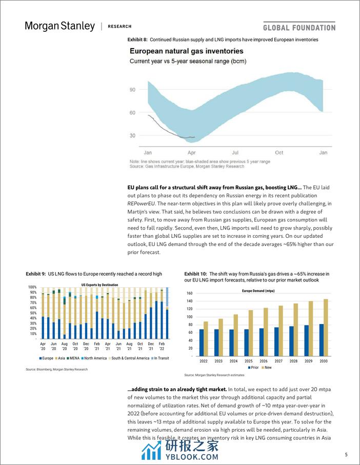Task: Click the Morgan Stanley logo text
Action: [x=59, y=26]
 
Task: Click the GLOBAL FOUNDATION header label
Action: [x=299, y=28]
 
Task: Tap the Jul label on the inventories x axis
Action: [x=235, y=153]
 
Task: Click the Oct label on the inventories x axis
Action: [x=279, y=153]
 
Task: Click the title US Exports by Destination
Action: [x=99, y=285]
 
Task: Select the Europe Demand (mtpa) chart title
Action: [x=261, y=291]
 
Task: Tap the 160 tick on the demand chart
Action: [x=189, y=294]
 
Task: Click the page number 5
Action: [x=346, y=454]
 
